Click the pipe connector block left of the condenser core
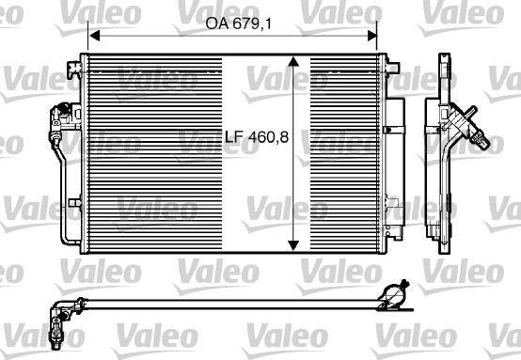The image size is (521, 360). (61, 117)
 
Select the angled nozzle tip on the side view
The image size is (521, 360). (483, 141)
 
